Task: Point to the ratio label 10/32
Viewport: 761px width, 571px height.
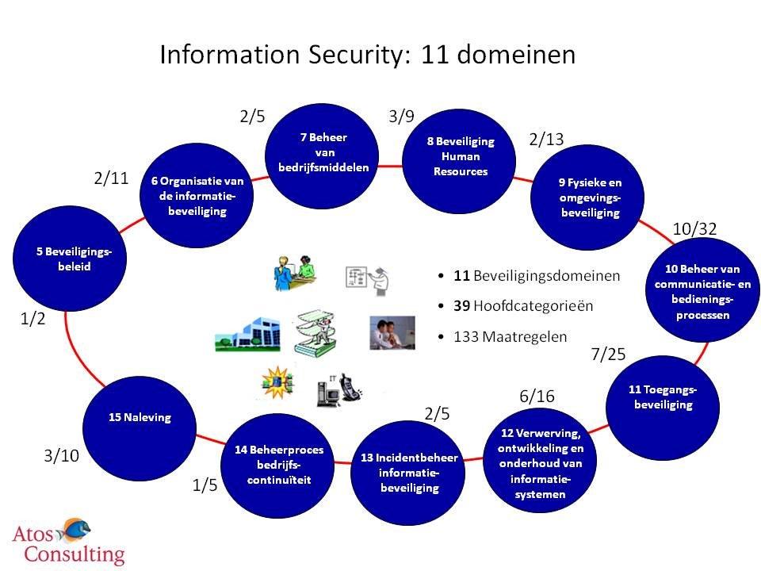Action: pyautogui.click(x=694, y=229)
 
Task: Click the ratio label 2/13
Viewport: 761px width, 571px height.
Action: pyautogui.click(x=546, y=140)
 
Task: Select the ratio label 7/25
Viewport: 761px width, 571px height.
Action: pyautogui.click(x=609, y=354)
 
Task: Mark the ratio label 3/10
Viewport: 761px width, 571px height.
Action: pyautogui.click(x=62, y=456)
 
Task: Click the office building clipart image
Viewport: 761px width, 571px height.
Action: pyautogui.click(x=242, y=332)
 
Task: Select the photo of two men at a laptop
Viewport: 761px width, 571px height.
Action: pyautogui.click(x=392, y=332)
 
